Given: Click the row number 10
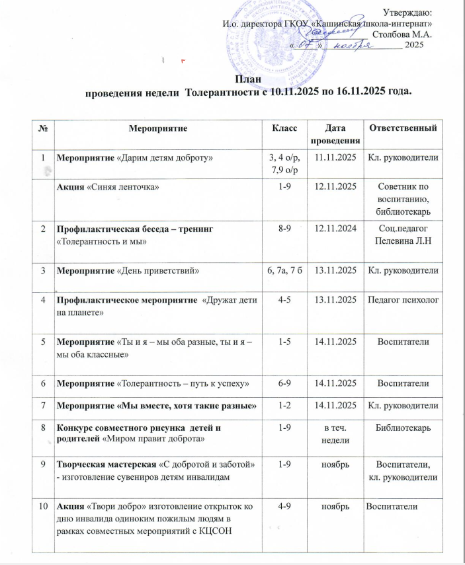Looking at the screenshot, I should point(43,506).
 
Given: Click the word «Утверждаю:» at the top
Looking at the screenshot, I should point(407,11).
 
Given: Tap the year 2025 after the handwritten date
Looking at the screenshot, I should point(413,45).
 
